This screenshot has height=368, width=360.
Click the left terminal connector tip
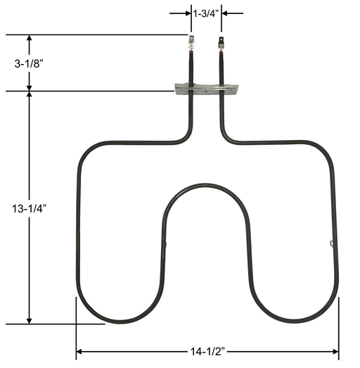point(191,40)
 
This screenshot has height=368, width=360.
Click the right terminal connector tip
point(222,40)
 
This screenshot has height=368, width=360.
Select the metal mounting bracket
point(207,88)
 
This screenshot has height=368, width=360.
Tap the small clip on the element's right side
point(331,243)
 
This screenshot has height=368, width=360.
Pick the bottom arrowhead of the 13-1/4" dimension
point(30,319)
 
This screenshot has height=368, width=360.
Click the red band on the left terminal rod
point(191,50)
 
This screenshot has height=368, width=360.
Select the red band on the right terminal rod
point(222,50)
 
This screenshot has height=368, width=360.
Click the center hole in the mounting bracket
point(206,89)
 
